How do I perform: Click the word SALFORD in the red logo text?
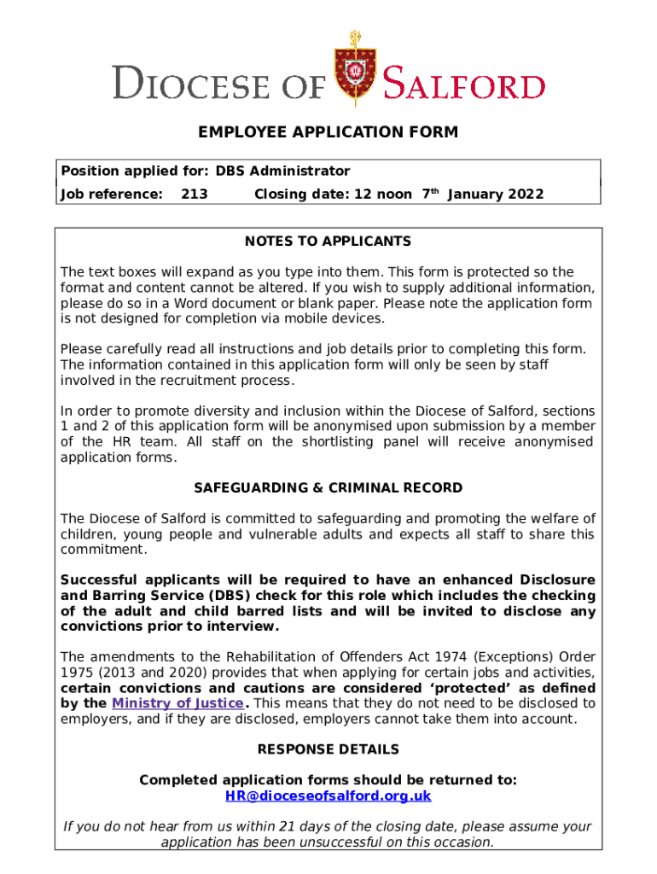point(463,85)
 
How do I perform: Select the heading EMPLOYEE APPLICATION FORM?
point(328,132)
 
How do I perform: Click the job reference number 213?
point(195,194)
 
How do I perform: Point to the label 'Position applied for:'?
point(134,171)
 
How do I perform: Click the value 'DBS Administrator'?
point(282,171)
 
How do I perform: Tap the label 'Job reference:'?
point(111,194)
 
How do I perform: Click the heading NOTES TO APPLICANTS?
point(328,242)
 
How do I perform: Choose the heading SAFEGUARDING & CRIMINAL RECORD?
point(328,488)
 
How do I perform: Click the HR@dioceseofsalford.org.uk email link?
point(328,795)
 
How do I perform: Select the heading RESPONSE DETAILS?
point(328,749)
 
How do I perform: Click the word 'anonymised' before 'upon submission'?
point(377,426)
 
